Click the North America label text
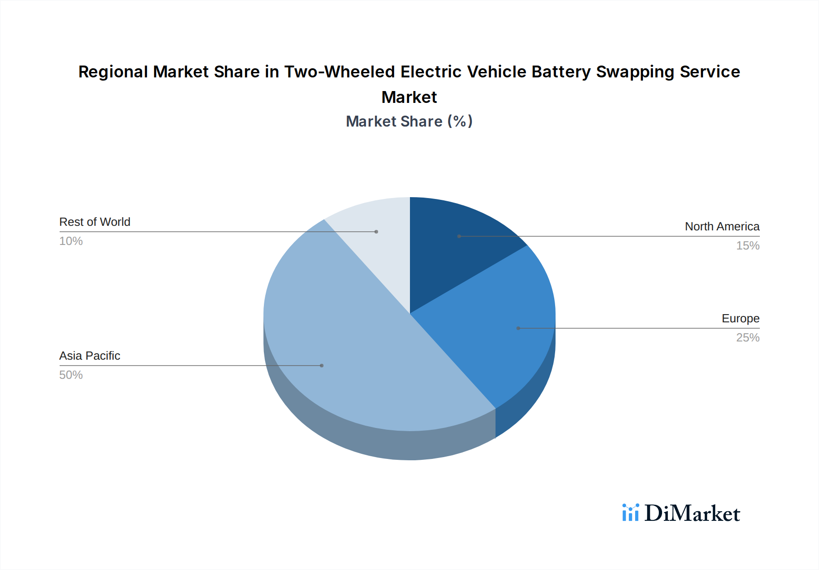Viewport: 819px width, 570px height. tap(722, 226)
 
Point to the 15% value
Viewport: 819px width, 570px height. tap(748, 246)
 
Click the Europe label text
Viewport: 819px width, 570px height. tap(740, 318)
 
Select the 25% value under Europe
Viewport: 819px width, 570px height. tap(748, 338)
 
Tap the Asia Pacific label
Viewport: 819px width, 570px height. tap(90, 356)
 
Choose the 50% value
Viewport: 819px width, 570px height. tap(71, 375)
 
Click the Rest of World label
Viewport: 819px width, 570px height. tap(95, 222)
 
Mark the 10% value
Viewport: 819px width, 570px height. tap(71, 241)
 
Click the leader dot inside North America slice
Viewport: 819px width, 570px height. tap(459, 236)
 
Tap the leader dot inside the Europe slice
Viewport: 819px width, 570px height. tap(518, 328)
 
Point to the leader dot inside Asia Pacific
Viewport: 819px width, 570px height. tap(322, 366)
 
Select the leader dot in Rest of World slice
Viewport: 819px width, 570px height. tap(376, 232)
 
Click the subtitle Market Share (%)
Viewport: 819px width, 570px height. tap(409, 122)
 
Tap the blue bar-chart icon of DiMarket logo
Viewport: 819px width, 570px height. tap(631, 513)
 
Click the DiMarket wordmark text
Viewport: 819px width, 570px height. tap(692, 514)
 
